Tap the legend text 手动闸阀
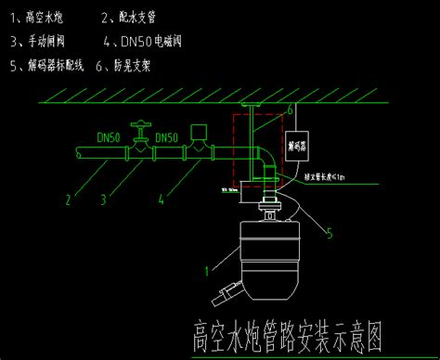click(47, 41)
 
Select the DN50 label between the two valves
click(167, 138)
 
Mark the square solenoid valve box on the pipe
click(197, 132)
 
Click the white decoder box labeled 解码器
click(299, 147)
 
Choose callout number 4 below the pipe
click(161, 197)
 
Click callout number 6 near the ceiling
click(290, 109)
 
